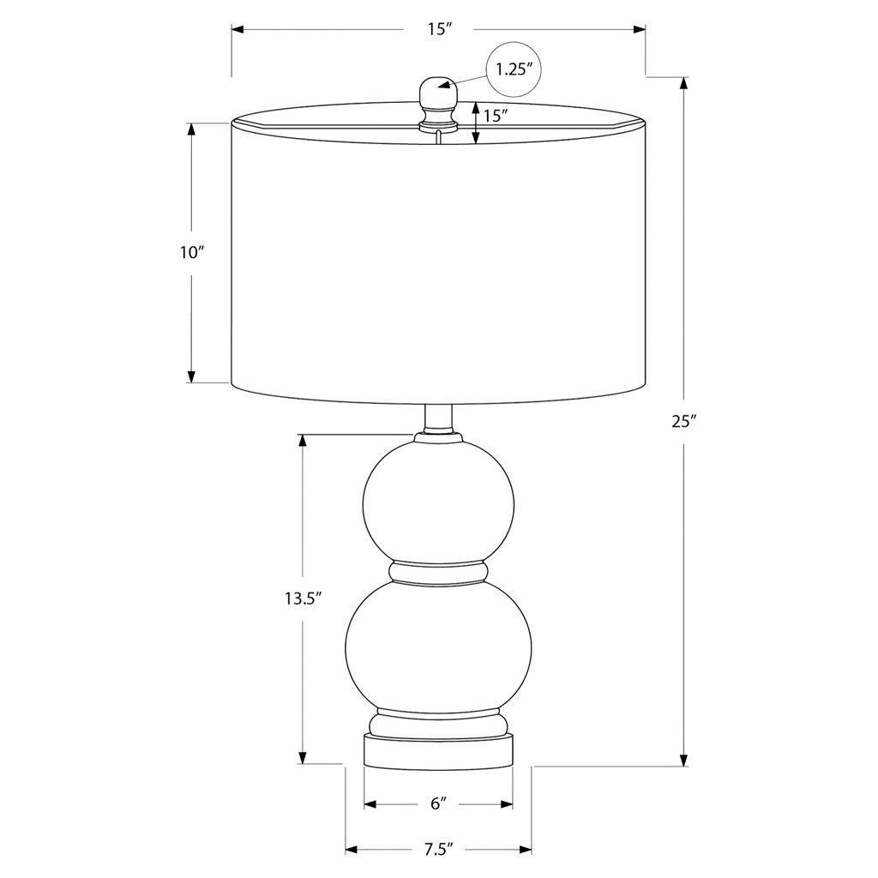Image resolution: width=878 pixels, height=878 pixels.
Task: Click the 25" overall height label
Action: (683, 422)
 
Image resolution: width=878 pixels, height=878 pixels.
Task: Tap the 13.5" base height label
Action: (302, 598)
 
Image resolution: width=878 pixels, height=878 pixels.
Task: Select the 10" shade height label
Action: (190, 253)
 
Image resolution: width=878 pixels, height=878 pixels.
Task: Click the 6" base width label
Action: (438, 803)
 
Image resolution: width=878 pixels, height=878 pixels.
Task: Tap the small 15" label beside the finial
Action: (496, 116)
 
